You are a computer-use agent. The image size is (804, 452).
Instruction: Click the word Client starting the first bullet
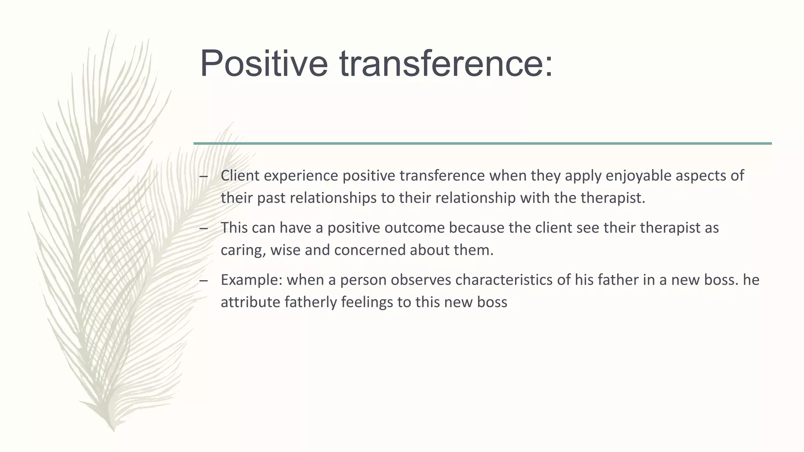[x=240, y=176]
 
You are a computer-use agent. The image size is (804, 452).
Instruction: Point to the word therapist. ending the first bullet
[x=613, y=198]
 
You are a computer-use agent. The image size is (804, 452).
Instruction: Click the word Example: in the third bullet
[x=251, y=280]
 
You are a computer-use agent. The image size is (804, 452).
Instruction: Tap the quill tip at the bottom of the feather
[x=113, y=429]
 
